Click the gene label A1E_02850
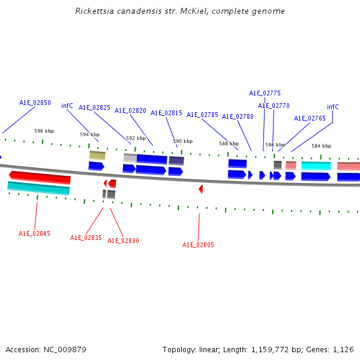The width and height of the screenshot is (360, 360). (x=35, y=103)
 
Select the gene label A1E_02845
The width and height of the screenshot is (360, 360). (x=34, y=233)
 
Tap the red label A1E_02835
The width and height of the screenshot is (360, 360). (x=86, y=238)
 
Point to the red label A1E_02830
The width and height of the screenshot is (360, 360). (x=123, y=241)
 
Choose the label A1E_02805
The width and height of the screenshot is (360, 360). (x=198, y=245)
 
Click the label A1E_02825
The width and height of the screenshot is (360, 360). (x=94, y=107)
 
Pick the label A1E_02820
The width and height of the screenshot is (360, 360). (x=130, y=110)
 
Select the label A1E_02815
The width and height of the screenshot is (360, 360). (x=166, y=113)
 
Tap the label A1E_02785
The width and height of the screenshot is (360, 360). (x=202, y=115)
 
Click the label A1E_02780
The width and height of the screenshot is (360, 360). (x=238, y=116)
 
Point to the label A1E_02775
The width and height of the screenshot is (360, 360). (x=265, y=93)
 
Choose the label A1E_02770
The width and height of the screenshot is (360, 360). (x=274, y=106)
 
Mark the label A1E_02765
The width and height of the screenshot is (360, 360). (x=310, y=118)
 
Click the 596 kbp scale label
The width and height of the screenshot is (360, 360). (x=44, y=131)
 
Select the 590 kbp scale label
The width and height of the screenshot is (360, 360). (x=183, y=141)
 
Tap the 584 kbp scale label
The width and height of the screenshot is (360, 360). (x=321, y=146)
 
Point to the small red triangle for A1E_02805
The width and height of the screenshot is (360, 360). (x=201, y=189)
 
